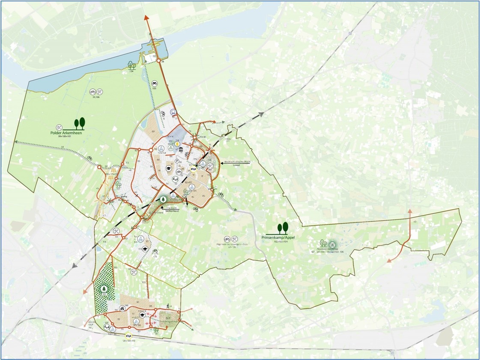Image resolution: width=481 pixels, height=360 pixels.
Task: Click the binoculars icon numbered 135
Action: click(154, 84)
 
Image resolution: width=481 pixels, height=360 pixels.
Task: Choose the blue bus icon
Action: click(173, 112)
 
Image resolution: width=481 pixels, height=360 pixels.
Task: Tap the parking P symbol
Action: click(177, 161)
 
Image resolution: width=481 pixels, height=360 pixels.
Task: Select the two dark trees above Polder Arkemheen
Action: click(79, 123)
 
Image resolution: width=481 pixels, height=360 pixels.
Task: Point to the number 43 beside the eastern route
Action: click(415, 222)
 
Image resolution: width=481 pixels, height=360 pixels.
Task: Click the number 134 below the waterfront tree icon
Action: click(131, 72)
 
